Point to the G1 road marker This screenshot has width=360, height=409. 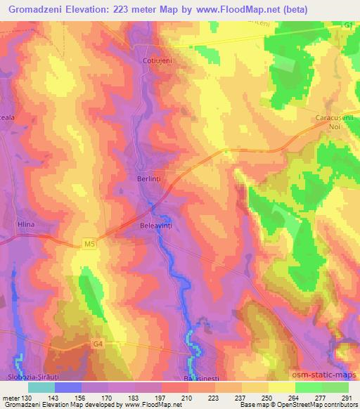click(347, 25)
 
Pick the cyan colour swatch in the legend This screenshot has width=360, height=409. click(41, 387)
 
